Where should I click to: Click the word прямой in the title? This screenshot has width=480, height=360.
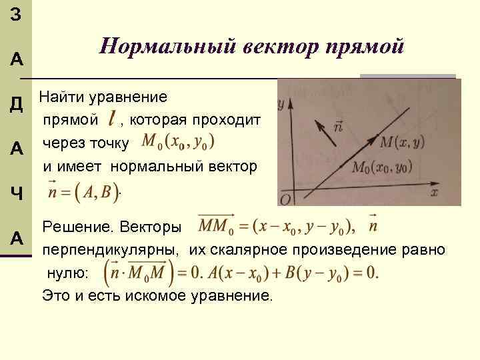365,47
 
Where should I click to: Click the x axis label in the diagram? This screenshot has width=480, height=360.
434,192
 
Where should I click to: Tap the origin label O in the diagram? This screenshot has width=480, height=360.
285,200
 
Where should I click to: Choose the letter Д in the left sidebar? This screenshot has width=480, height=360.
17,104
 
